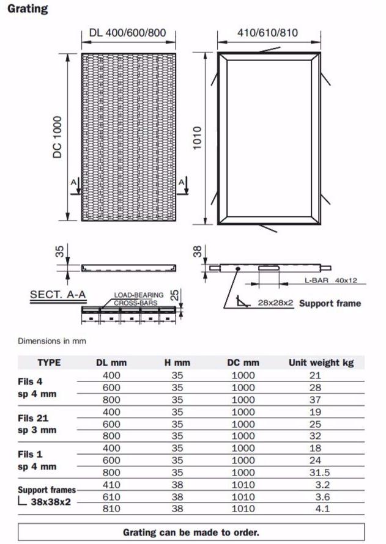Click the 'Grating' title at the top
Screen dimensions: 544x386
pos(28,9)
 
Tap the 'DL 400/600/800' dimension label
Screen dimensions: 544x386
pos(127,32)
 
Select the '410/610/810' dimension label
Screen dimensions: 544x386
pos(267,32)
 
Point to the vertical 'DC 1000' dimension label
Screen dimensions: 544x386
pos(58,137)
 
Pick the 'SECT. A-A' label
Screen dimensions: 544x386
pos(58,295)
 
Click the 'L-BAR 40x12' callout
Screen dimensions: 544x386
pos(330,281)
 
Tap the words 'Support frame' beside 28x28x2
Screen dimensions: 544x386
pos(330,303)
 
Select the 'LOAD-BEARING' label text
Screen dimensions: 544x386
pos(139,295)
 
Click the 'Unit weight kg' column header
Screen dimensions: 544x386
pos(321,362)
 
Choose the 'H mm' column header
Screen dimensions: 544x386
pos(177,362)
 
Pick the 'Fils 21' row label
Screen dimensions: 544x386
pos(34,419)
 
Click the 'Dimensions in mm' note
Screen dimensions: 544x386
pos(52,341)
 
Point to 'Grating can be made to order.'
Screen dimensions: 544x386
pos(191,532)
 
